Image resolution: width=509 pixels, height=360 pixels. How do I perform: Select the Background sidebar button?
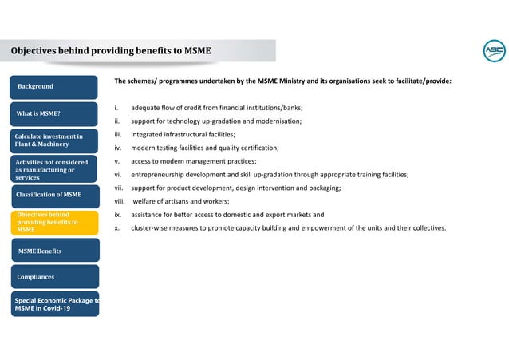click(53, 87)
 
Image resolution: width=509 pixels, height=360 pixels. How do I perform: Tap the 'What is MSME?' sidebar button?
click(53, 114)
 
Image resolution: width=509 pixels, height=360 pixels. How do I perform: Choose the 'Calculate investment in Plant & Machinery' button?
click(53, 140)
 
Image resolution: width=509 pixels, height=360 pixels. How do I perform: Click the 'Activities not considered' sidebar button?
click(53, 170)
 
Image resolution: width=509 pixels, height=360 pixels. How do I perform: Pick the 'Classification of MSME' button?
click(53, 195)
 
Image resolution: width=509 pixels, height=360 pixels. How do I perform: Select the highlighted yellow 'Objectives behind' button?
click(53, 223)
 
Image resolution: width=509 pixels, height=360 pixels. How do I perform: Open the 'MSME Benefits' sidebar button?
click(53, 251)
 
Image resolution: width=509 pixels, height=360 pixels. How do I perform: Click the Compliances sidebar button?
click(53, 277)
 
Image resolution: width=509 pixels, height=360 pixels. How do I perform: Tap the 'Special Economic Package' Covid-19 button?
click(53, 303)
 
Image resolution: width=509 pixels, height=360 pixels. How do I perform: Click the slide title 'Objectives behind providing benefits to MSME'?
click(111, 51)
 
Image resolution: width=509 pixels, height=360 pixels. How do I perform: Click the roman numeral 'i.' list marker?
click(117, 108)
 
